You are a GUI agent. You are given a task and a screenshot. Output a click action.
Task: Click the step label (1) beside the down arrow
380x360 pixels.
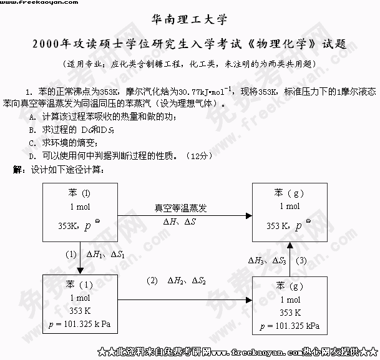click(72, 254)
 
